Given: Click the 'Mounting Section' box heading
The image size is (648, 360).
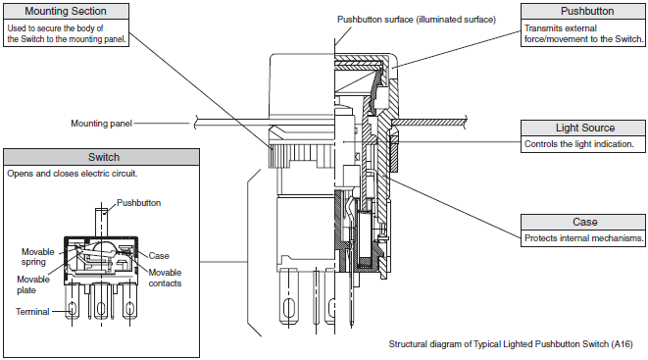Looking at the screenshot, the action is coord(66,11).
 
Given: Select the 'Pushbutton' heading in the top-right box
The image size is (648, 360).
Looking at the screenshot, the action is coord(587,11).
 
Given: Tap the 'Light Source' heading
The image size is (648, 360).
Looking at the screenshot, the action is coord(585,128).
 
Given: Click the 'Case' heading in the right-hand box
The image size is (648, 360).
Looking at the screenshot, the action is coord(585,222).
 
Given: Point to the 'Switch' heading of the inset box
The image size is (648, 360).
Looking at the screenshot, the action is coord(104,157).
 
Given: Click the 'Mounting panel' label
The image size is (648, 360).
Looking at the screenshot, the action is coord(101,124).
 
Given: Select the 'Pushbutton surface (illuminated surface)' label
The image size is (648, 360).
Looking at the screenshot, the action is coord(417,20).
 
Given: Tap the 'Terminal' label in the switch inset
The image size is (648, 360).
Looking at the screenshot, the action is coord(32,312).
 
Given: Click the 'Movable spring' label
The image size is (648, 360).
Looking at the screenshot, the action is coord(37,257).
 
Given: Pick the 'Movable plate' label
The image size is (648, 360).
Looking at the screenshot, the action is coord(33,284).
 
